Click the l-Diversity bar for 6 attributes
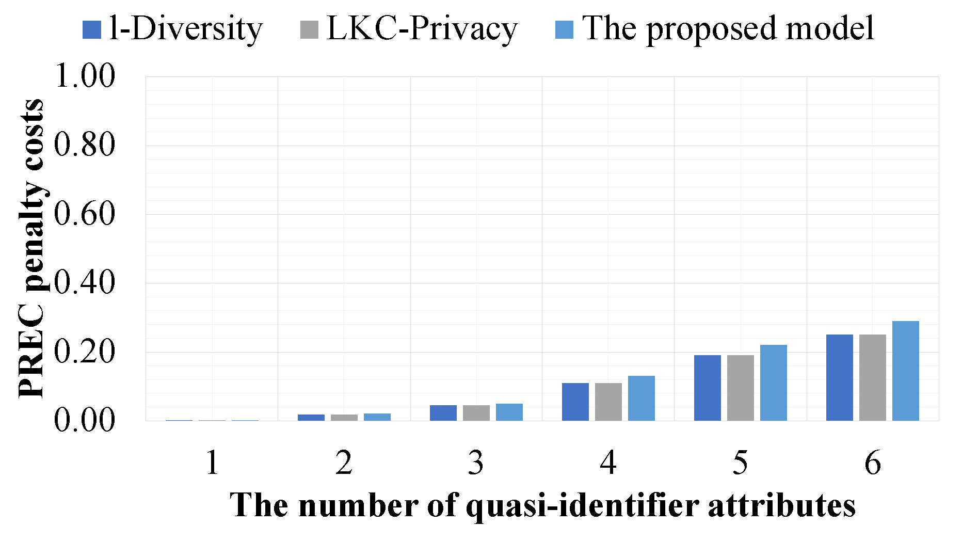839,377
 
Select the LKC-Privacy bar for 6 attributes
872,377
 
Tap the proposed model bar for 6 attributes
905,371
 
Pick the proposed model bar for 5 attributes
773,383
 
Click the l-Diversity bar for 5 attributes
707,388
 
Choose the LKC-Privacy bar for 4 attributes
608,402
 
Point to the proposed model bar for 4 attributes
641,398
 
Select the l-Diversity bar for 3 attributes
443,413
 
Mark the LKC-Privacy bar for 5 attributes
740,388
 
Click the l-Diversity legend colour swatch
91,29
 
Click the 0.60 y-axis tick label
85,214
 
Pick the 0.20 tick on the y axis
85,352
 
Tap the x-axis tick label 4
608,463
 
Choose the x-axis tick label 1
212,463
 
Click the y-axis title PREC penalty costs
31,248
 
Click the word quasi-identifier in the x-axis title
582,506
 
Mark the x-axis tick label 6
872,463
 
